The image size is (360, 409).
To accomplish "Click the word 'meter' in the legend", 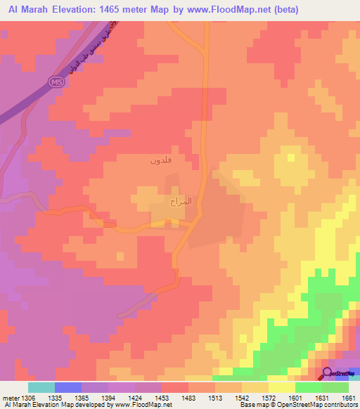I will pos(9,397).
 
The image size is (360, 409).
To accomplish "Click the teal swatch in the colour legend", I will pos(41,387).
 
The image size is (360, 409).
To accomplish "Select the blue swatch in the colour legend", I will pos(68,387).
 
